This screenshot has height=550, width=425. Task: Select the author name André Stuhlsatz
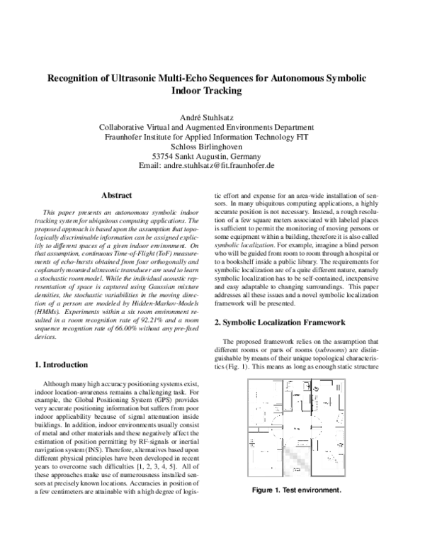[212, 116]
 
